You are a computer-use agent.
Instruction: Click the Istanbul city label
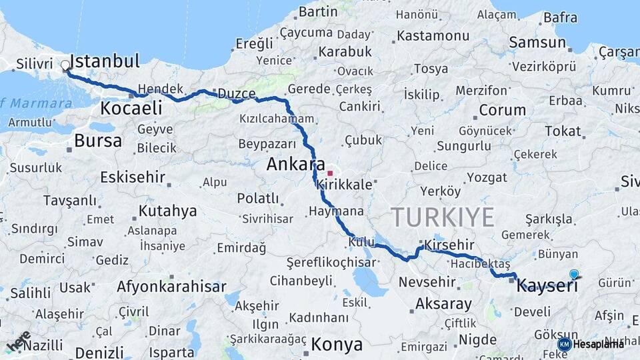[x=105, y=62]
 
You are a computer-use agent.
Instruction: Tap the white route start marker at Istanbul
[x=65, y=66]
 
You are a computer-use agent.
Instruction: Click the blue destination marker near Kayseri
[x=574, y=274]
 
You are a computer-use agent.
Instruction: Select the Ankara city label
[x=296, y=165]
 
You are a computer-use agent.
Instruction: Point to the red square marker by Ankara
[x=329, y=173]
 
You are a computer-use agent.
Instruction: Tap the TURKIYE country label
[x=443, y=217]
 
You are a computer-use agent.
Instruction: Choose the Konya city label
[x=337, y=345]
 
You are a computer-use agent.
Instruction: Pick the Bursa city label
[x=98, y=141]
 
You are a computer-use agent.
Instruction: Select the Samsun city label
[x=537, y=43]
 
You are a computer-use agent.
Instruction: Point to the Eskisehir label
[x=131, y=177]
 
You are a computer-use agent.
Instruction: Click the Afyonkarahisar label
[x=171, y=287]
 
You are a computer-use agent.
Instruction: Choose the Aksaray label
[x=443, y=304]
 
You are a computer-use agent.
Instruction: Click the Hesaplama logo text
[x=599, y=344]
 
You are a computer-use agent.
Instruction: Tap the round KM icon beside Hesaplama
[x=564, y=344]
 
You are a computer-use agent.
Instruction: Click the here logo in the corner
[x=19, y=342]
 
